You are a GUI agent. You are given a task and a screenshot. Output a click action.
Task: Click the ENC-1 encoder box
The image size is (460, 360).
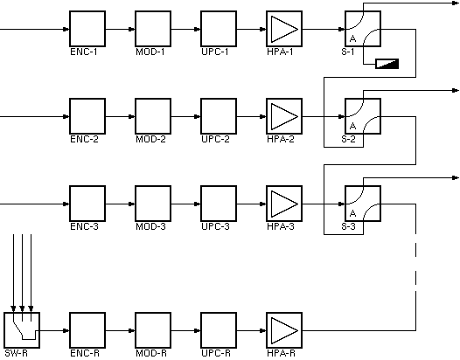pos(86,29)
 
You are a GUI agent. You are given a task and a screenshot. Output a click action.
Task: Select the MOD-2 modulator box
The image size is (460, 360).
pos(151,114)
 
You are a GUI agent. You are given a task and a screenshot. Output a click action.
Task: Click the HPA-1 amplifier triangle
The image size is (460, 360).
pos(282,29)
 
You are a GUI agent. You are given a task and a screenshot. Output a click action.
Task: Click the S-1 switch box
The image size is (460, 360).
pos(361,29)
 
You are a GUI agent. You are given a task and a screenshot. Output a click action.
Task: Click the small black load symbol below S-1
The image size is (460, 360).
pos(386,63)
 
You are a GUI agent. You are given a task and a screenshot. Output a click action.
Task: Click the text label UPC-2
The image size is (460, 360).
pos(215,138)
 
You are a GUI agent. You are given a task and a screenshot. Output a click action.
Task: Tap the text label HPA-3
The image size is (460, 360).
pos(281,225)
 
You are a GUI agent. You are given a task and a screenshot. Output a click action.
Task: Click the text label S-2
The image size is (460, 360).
pos(348,138)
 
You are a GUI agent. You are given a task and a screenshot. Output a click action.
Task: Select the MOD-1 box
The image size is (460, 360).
pos(151,29)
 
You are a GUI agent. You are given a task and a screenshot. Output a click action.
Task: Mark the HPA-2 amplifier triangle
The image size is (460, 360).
pos(282,114)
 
